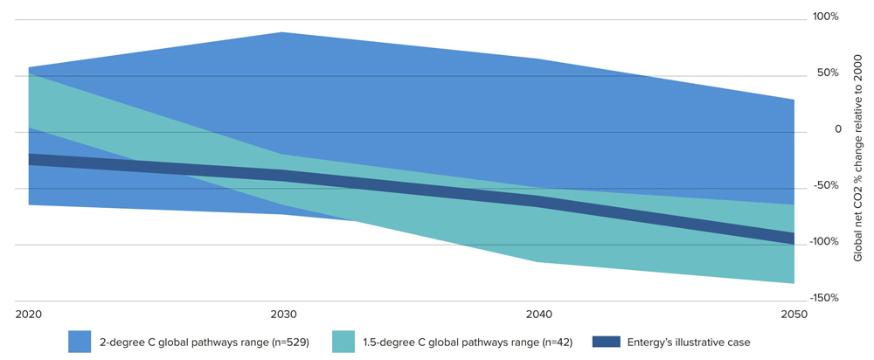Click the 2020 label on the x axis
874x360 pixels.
coord(28,313)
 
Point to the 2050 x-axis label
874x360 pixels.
coord(794,313)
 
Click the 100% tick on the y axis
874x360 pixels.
coord(825,17)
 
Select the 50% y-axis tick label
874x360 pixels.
coord(828,73)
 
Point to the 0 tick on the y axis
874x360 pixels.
coord(837,129)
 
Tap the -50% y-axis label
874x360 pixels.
coord(826,185)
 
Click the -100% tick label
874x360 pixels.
coord(823,242)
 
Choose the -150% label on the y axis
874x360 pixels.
coord(823,298)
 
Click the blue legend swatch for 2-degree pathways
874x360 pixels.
coord(80,342)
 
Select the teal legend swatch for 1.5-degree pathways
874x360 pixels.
coord(344,342)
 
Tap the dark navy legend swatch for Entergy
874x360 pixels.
coord(604,342)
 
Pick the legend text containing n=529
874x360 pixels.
coord(205,342)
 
